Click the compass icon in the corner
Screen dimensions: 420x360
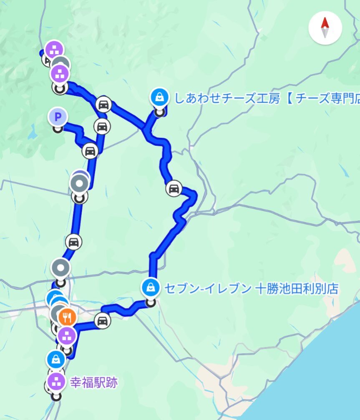pos(325,28)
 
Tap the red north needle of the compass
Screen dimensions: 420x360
pos(325,23)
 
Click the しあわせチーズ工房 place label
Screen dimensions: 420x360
pos(267,99)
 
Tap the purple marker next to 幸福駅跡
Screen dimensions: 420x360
pos(56,381)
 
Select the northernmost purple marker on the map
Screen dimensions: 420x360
pos(54,49)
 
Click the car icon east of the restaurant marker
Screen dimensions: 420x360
pos(102,320)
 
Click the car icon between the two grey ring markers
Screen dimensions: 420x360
pos(73,242)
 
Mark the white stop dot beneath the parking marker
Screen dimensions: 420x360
pos(58,129)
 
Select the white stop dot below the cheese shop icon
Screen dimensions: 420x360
pos(159,111)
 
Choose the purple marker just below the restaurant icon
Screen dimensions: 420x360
pos(66,334)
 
